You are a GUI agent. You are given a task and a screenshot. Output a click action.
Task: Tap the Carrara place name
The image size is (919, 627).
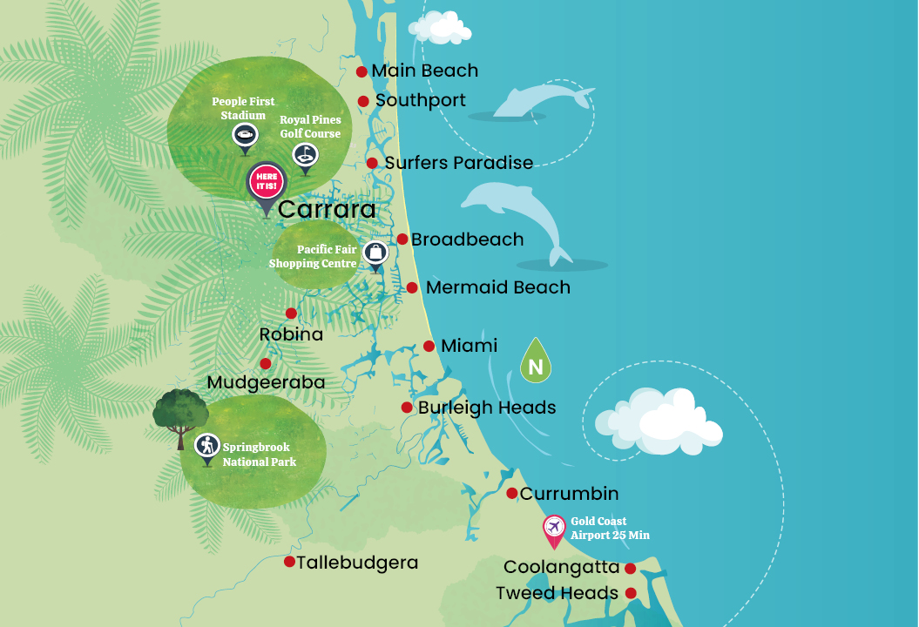coord(327,210)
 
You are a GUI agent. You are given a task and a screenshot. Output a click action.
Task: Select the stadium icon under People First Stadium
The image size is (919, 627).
coord(244,135)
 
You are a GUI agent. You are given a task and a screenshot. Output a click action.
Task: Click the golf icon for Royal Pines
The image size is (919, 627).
coord(305,155)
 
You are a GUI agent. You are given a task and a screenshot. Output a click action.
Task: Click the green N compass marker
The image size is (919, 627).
coord(536,364)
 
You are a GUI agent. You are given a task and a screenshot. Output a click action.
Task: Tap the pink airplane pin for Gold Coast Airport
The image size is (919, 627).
coord(554,528)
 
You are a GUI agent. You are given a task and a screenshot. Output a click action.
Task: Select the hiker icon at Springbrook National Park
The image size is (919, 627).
coord(206,446)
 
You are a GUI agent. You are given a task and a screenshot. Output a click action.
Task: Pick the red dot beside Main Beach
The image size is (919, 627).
coord(362,71)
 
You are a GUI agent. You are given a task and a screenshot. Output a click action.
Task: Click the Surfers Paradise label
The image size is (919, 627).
coord(458,163)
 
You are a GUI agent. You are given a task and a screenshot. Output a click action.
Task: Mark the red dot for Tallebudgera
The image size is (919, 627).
coord(289,562)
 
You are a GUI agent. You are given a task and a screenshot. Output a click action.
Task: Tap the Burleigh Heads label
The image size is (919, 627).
coord(486,408)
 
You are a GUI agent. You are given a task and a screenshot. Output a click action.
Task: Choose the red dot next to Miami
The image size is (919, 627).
coord(429,346)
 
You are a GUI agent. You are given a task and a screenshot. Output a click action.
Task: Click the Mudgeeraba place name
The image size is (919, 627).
coord(266,383)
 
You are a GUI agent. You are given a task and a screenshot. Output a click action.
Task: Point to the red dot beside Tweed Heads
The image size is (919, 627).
coord(631,593)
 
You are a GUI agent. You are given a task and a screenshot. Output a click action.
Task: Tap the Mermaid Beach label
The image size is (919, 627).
coord(498,287)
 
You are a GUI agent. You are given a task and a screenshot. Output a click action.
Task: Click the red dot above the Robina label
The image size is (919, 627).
coord(291,313)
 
